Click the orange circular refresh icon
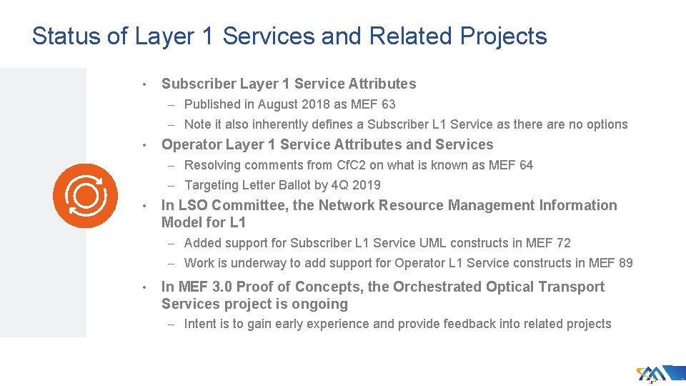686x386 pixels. click(x=85, y=195)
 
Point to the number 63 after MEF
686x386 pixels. click(x=387, y=104)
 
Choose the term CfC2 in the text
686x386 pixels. click(x=368, y=165)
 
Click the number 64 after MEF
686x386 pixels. click(x=525, y=165)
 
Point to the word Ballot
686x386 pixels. click(x=304, y=185)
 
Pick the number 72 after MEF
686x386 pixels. click(x=563, y=243)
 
